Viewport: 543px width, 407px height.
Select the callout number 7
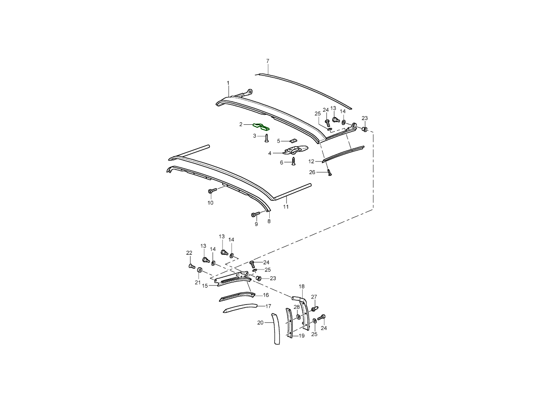(x=268, y=61)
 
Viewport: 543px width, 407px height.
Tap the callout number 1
(x=228, y=83)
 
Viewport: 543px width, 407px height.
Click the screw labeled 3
(x=267, y=138)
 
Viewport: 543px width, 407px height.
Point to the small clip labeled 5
(x=293, y=141)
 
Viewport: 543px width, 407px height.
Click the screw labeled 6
(x=294, y=161)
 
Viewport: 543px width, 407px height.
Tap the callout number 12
(x=311, y=161)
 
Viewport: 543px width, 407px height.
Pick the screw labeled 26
(x=329, y=172)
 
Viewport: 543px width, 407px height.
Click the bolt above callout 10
(x=213, y=190)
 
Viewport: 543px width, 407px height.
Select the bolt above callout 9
(x=256, y=214)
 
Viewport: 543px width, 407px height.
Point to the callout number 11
(x=286, y=207)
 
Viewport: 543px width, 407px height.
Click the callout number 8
(x=269, y=222)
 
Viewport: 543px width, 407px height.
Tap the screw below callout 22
(x=192, y=266)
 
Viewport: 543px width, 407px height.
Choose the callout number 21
(x=197, y=282)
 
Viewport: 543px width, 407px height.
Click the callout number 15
(x=205, y=286)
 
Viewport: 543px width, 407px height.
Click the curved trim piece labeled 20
(x=276, y=329)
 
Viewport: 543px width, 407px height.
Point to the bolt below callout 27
(x=314, y=309)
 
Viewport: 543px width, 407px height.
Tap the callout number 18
(x=301, y=286)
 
